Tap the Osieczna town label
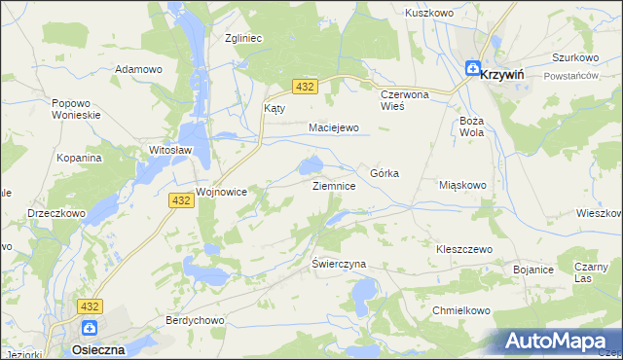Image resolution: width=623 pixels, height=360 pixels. pos(97,348)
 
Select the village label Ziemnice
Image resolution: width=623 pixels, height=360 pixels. pos(340,185)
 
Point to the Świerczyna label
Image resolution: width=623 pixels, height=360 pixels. pos(338,264)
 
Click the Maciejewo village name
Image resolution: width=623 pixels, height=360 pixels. pos(334,127)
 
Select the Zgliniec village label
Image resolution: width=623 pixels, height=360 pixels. pos(245,38)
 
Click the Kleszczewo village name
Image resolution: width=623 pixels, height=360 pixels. pos(463,249)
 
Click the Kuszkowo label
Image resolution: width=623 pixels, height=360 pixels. pos(430,14)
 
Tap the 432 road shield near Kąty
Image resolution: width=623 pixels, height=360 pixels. pos(306,88)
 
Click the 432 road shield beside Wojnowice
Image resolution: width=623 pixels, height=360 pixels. pos(180,199)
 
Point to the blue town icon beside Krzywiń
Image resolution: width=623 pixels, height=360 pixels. pos(472,69)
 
